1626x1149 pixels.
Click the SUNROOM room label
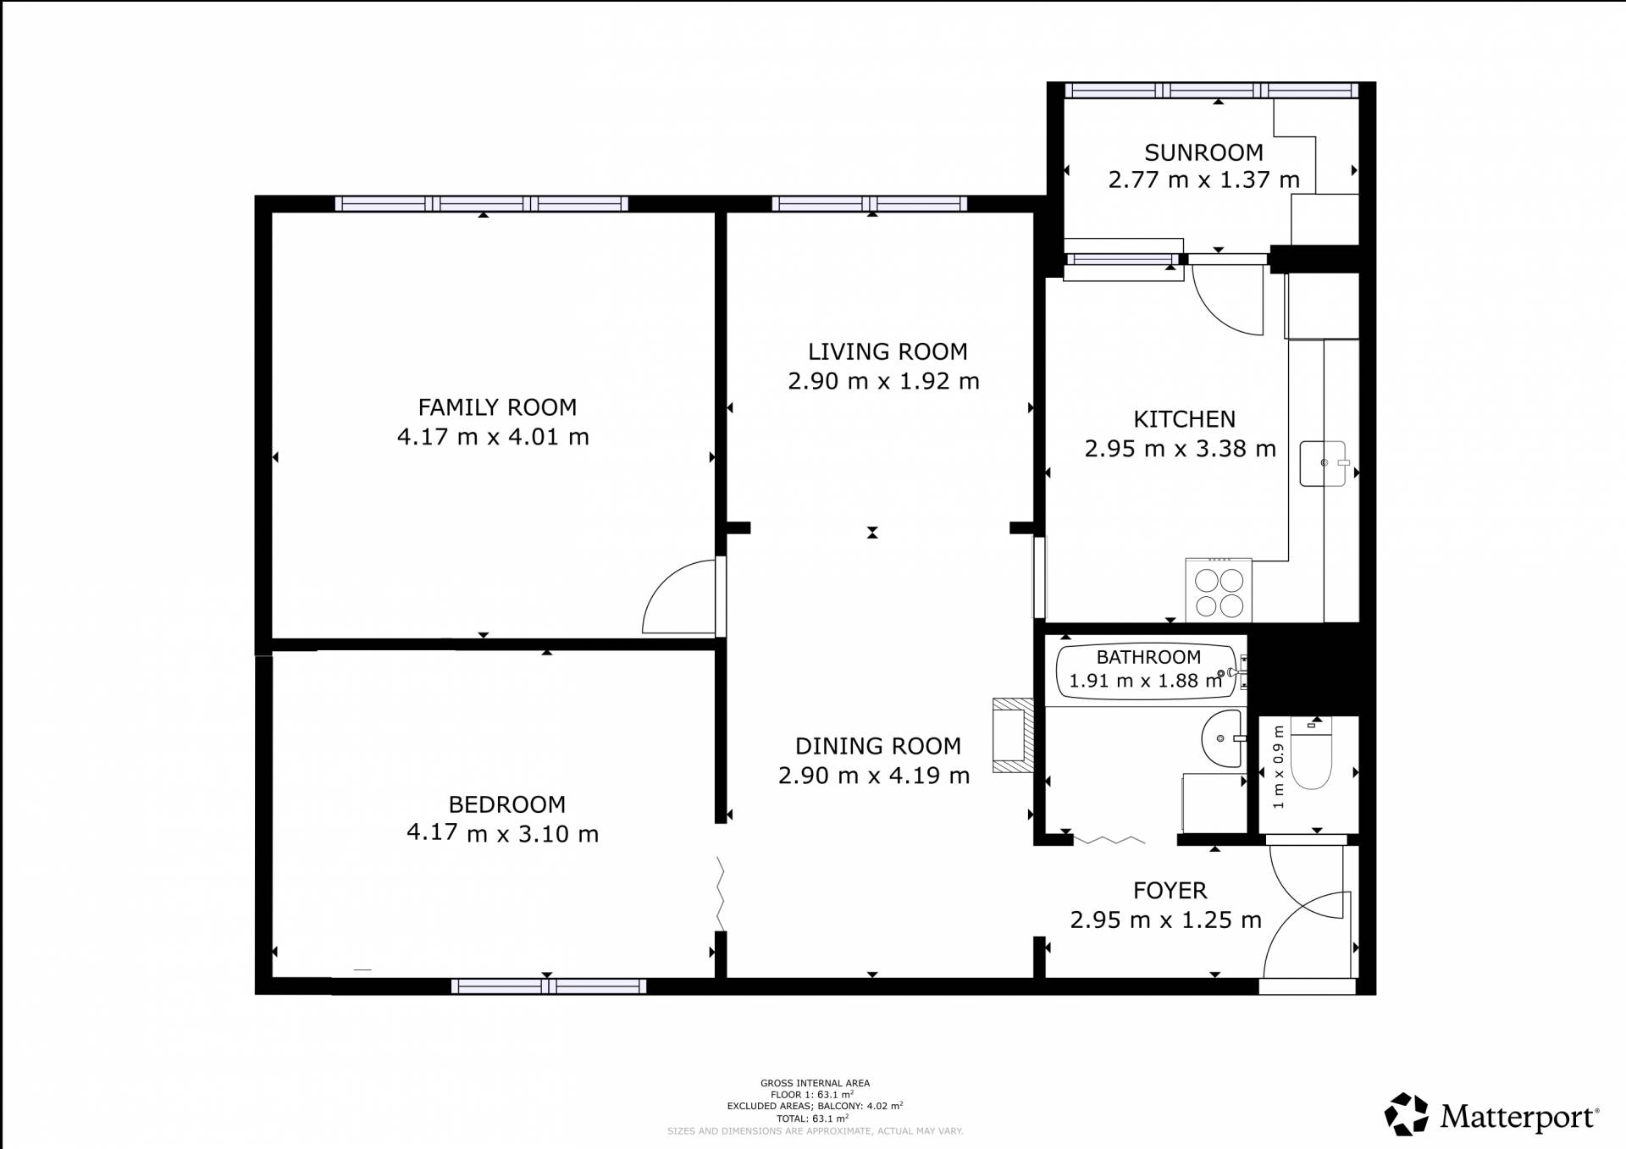pyautogui.click(x=1203, y=152)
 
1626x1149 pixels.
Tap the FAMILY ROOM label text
pyautogui.click(x=497, y=407)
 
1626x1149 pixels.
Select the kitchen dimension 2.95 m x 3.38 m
pyautogui.click(x=1180, y=449)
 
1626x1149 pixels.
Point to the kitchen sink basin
pyautogui.click(x=1323, y=463)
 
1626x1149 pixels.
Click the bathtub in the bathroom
pyautogui.click(x=1147, y=671)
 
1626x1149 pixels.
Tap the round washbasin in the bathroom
pyautogui.click(x=1221, y=739)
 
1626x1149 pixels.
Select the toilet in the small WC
pyautogui.click(x=1311, y=752)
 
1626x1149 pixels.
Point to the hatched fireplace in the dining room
pyautogui.click(x=1013, y=735)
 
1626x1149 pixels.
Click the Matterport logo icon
pyautogui.click(x=1407, y=1113)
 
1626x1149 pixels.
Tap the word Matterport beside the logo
pyautogui.click(x=1519, y=1117)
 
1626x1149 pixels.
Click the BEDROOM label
pyautogui.click(x=506, y=804)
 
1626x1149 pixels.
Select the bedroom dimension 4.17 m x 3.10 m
pyautogui.click(x=502, y=834)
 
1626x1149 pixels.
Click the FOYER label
pyautogui.click(x=1170, y=891)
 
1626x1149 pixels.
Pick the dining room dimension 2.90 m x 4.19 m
pyautogui.click(x=874, y=776)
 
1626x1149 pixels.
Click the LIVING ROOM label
pyautogui.click(x=888, y=351)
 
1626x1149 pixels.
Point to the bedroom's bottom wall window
pyautogui.click(x=549, y=986)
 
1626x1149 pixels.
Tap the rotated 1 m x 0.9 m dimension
pyautogui.click(x=1278, y=766)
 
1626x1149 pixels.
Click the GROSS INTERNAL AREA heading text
pyautogui.click(x=815, y=1083)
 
